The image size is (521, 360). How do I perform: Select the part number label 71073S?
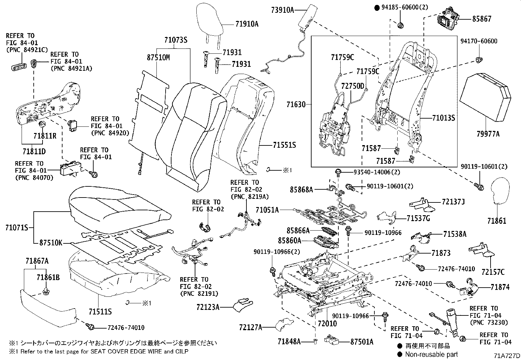(x=175, y=40)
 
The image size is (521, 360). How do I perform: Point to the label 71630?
(x=296, y=105)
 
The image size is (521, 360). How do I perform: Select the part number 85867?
(x=481, y=19)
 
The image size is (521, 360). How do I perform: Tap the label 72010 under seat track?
(x=327, y=324)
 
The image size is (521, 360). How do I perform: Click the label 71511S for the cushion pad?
(x=100, y=311)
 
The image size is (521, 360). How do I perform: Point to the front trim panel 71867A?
(x=49, y=306)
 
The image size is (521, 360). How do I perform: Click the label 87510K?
(x=50, y=243)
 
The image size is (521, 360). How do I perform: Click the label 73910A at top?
(x=282, y=10)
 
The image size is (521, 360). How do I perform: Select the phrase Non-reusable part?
(x=431, y=354)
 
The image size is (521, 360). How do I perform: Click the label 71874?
(x=500, y=287)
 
